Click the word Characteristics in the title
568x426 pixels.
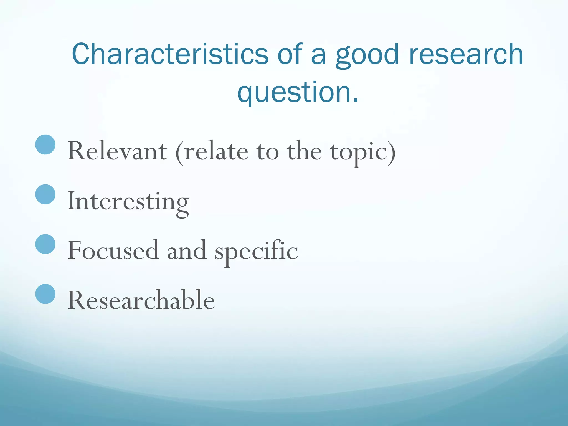pyautogui.click(x=170, y=54)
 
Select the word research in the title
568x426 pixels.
pyautogui.click(x=466, y=54)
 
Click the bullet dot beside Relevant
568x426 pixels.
pyautogui.click(x=45, y=144)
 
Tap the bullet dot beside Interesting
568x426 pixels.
pyautogui.click(x=45, y=194)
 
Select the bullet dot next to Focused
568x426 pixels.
pyautogui.click(x=45, y=244)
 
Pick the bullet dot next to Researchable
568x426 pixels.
pyautogui.click(x=45, y=294)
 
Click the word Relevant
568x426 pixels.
pyautogui.click(x=117, y=151)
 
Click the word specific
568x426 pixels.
pyautogui.click(x=256, y=251)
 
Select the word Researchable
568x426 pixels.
pyautogui.click(x=141, y=300)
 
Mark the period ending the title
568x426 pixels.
pyautogui.click(x=356, y=100)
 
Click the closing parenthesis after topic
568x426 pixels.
pyautogui.click(x=392, y=153)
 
